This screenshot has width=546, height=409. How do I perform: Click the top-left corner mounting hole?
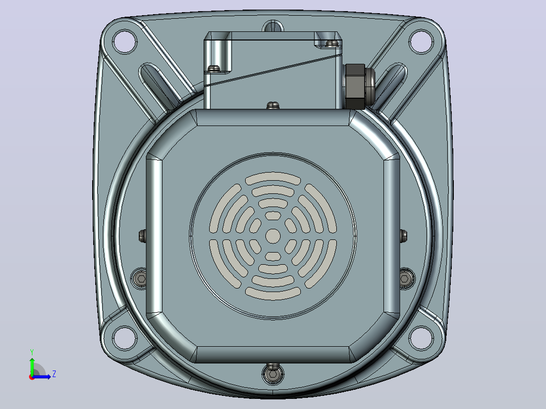click(x=125, y=42)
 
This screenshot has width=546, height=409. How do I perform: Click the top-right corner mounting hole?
click(x=421, y=42)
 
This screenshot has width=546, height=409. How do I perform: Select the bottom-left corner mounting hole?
click(x=125, y=338)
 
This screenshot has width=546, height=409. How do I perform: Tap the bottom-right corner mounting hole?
click(x=421, y=338)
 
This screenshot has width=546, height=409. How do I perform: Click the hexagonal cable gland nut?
click(x=355, y=87)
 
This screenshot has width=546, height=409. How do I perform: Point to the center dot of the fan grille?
click(x=273, y=236)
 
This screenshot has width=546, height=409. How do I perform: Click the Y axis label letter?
click(x=32, y=352)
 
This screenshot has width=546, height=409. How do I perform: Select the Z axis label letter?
click(x=54, y=374)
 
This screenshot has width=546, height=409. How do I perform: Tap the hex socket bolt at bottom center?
click(x=272, y=374)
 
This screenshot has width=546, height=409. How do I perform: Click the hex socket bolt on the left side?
click(x=141, y=278)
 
